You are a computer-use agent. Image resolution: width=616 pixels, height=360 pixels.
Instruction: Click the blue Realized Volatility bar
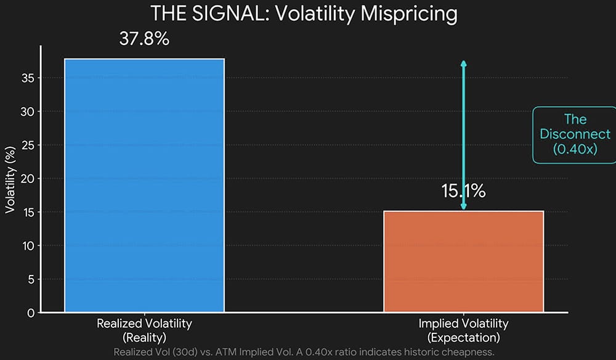(x=144, y=185)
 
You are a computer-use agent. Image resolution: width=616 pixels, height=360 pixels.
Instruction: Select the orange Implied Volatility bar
(x=463, y=261)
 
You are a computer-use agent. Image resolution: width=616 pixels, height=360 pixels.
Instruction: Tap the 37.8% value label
(x=144, y=39)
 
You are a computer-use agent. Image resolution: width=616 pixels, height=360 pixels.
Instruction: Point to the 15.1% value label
(x=463, y=191)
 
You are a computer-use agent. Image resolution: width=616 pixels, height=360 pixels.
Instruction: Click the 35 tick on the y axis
(x=26, y=78)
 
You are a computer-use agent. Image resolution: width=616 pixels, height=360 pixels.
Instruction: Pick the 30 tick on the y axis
(x=26, y=112)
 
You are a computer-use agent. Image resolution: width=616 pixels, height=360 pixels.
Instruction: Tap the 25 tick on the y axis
(x=26, y=145)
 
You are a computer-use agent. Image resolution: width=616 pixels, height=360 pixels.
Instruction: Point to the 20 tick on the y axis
(x=26, y=179)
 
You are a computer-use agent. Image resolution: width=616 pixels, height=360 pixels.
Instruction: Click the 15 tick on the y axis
(x=26, y=212)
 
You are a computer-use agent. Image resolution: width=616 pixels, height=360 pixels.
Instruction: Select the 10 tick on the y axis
(x=26, y=246)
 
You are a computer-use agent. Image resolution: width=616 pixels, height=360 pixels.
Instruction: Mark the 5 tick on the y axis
(x=30, y=279)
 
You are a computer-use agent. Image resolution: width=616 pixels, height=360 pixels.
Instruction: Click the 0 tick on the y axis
(x=30, y=313)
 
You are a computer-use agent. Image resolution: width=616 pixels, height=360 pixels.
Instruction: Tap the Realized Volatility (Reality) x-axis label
(x=144, y=330)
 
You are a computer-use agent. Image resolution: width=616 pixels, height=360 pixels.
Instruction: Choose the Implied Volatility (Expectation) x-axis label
(x=463, y=330)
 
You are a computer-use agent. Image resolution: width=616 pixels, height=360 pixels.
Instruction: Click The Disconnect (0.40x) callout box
(x=575, y=134)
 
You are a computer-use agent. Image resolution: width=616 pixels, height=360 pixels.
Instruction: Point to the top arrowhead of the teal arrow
(x=464, y=63)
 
